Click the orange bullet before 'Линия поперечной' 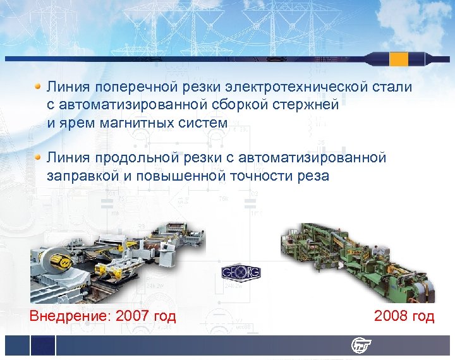[x=39, y=85]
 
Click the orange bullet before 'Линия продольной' [x=39, y=156]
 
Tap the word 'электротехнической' [x=292, y=87]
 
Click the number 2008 [x=391, y=316]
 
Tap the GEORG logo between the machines [x=241, y=273]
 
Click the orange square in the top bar [x=399, y=59]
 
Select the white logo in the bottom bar [x=361, y=345]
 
